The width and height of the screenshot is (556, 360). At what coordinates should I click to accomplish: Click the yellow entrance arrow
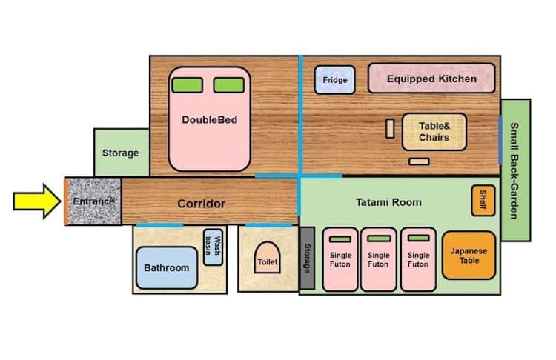(x=37, y=201)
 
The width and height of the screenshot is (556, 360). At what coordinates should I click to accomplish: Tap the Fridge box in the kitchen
(x=335, y=80)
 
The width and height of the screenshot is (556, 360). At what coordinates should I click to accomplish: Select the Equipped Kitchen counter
(x=431, y=79)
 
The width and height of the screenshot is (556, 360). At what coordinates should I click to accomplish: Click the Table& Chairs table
(x=434, y=132)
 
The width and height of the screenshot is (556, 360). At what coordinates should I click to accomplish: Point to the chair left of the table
(x=390, y=128)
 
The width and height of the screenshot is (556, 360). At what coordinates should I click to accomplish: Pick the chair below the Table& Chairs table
(x=419, y=161)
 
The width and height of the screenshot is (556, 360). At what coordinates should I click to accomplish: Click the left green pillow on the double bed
(x=188, y=85)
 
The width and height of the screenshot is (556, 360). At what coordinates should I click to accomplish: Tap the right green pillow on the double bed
(x=229, y=85)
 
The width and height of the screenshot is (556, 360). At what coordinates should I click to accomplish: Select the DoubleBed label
(x=210, y=120)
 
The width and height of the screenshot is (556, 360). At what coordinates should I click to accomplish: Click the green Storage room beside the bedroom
(x=122, y=153)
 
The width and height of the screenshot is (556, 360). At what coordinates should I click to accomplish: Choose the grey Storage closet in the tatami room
(x=307, y=259)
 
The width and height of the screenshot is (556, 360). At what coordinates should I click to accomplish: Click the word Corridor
(x=201, y=204)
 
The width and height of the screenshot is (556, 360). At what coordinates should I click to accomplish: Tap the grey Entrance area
(x=93, y=201)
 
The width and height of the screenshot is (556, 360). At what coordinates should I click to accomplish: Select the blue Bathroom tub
(x=167, y=267)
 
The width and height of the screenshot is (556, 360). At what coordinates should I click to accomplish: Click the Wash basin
(x=213, y=247)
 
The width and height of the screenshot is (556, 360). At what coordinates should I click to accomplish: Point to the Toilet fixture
(x=268, y=258)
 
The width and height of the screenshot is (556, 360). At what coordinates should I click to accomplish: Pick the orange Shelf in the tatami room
(x=483, y=200)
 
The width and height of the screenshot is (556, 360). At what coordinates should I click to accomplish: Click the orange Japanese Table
(x=469, y=256)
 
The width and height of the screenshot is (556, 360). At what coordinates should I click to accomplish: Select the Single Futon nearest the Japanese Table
(x=418, y=260)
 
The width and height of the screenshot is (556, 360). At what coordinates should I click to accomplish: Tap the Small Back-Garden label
(x=514, y=170)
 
